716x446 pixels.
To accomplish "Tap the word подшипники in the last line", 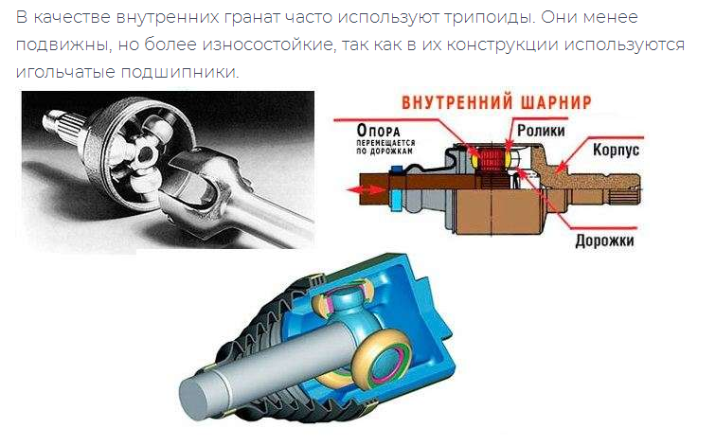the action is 180,72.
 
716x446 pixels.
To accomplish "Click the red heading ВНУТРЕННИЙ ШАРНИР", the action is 496,102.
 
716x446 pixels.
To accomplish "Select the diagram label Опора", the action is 378,131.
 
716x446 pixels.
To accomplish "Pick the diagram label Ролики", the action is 541,131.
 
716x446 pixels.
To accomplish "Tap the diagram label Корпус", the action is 616,150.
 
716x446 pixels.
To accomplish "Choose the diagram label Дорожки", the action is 604,241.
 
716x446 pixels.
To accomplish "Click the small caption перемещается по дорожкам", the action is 385,147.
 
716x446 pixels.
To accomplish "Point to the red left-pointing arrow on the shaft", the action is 366,189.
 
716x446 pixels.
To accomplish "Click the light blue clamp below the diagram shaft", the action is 396,200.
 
